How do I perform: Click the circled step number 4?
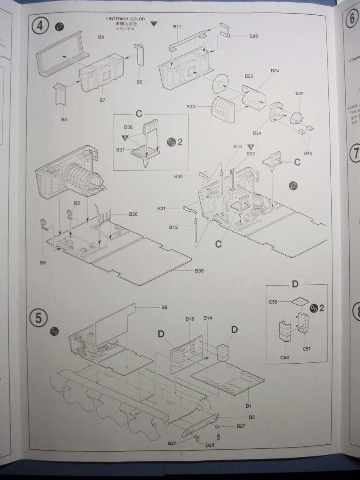tap(40, 26)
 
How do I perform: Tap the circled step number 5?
tap(38, 318)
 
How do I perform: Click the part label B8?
tap(101, 37)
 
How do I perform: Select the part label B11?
tap(177, 26)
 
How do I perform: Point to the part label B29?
tap(254, 36)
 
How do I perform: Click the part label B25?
tap(249, 76)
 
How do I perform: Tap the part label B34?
tap(275, 70)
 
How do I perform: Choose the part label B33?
tap(191, 107)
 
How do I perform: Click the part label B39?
tap(200, 271)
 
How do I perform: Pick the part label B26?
tap(133, 214)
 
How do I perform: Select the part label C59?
tap(274, 302)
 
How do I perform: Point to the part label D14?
tap(208, 318)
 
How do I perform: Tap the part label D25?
tap(210, 445)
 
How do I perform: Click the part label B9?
tap(164, 307)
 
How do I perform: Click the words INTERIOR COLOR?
tap(127, 19)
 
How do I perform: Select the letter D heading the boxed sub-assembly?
tap(295, 284)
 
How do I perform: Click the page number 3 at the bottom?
tap(181, 453)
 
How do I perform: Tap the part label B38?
tap(128, 127)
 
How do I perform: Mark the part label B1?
tap(248, 406)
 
